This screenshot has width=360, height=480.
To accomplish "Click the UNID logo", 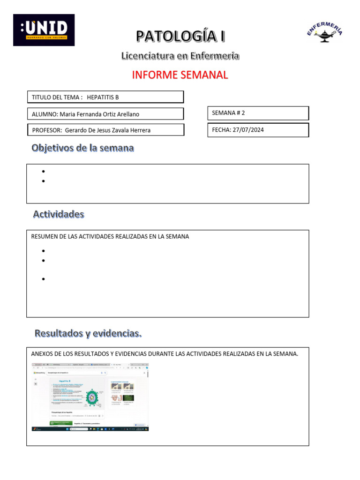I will pos(44,30).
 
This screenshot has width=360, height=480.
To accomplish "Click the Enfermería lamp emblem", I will pos(325,33).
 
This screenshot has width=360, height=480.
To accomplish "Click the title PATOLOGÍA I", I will pos(180,36).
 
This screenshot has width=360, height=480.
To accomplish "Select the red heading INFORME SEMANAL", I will pos(180,75).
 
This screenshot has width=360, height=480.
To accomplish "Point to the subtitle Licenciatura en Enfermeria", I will pos(180,56).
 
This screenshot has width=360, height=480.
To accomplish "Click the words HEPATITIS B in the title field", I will pos(103,97).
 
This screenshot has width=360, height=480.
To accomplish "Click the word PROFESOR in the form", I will pos(46,130).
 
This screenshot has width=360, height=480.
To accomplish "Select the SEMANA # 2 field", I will pos(257,113).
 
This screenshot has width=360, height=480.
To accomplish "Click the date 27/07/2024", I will pos(248,130).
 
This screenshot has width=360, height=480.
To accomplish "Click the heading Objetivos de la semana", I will pos(82,148).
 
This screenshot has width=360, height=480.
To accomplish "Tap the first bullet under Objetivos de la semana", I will pos(43,172).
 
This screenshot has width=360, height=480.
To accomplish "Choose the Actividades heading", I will pos(59,214).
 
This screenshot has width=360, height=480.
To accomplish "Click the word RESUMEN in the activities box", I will pos(44,237).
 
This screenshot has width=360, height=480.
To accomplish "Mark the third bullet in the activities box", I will pos(43,279).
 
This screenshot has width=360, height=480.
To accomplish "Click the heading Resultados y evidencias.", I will pos(88,334).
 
